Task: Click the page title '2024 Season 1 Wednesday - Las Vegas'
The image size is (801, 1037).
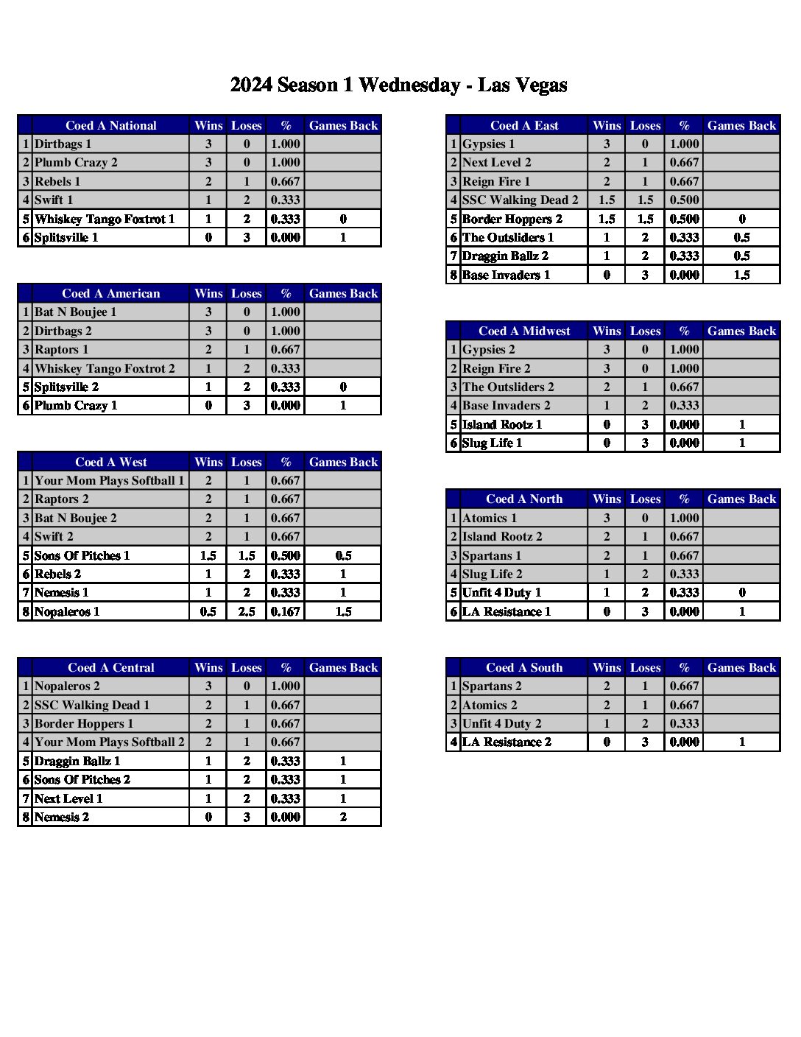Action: (x=398, y=85)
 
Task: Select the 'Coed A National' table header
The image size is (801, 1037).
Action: (x=110, y=126)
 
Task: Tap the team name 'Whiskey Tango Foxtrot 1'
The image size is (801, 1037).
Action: (x=105, y=219)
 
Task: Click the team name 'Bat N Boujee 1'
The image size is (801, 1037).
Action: (x=75, y=312)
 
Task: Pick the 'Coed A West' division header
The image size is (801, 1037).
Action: (x=110, y=463)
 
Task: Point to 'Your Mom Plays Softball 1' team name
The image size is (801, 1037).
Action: (x=109, y=481)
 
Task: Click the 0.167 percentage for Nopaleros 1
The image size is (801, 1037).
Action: (x=285, y=612)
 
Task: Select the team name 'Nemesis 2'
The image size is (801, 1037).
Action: (x=62, y=818)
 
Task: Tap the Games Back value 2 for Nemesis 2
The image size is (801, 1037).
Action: (x=343, y=818)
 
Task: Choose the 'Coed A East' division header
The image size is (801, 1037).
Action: (x=524, y=126)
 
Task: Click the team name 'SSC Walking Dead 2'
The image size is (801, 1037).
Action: (x=520, y=200)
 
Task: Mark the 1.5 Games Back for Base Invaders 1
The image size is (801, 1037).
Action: (x=741, y=275)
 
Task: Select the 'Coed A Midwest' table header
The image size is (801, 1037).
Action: (x=524, y=331)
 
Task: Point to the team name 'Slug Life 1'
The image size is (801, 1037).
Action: (x=492, y=443)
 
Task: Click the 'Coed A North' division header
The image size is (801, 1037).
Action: (x=524, y=499)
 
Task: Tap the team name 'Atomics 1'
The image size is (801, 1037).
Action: (x=490, y=518)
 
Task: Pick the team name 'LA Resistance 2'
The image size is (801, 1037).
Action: (x=507, y=742)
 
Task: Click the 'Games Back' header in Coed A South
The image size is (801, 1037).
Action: (x=741, y=668)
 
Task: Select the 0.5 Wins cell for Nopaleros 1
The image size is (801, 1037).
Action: (x=208, y=612)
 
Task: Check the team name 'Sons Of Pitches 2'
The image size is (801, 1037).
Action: (x=82, y=780)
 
